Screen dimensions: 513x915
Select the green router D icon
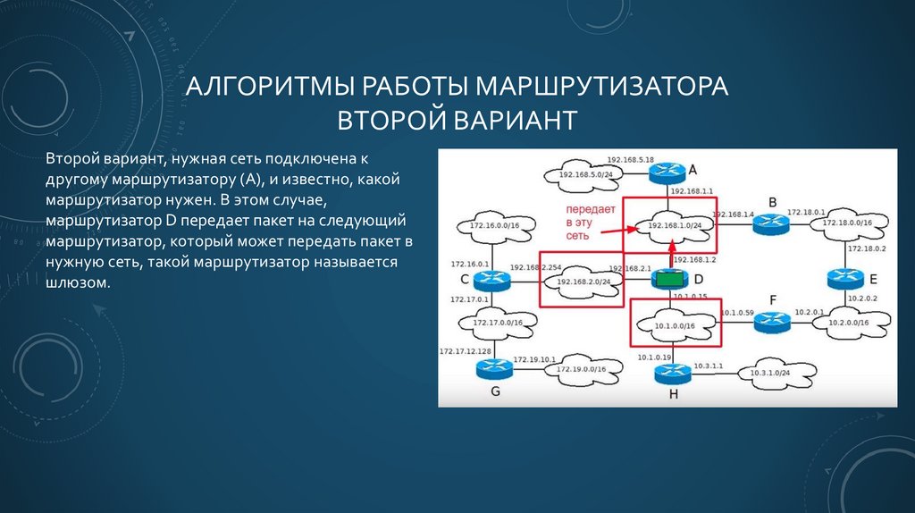coord(667,279)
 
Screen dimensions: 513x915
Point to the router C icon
coord(491,279)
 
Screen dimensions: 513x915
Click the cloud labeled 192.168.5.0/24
coord(581,174)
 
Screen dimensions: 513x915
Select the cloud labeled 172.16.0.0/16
coord(490,227)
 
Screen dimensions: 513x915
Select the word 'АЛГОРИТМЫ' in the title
coord(268,89)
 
